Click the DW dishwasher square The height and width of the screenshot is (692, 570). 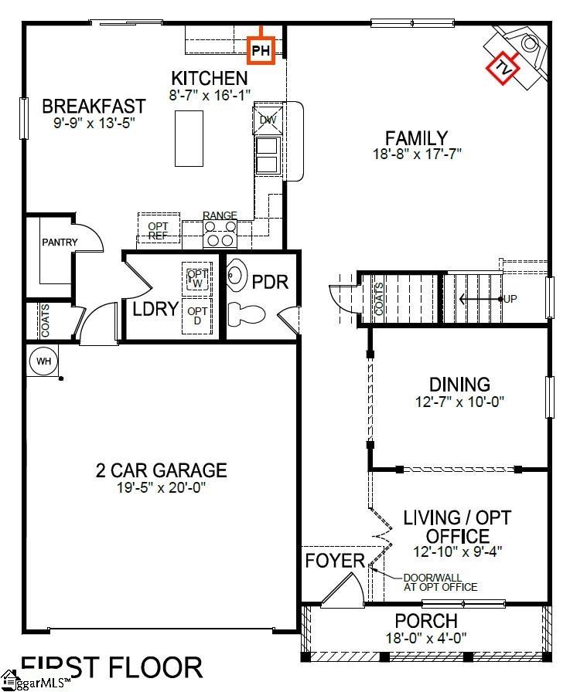coord(268,120)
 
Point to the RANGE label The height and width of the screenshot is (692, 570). coord(220,215)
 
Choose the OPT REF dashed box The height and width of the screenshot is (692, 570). coord(159,230)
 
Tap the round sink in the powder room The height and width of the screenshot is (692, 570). coord(237,276)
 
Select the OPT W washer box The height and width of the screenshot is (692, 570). coord(196,279)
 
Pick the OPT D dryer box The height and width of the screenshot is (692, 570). coord(196,316)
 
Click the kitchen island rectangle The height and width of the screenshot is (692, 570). coord(190,138)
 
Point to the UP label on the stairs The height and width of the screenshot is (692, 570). coord(510,298)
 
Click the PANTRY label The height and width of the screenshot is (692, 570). coord(60,243)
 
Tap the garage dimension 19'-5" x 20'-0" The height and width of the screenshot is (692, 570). coord(161,488)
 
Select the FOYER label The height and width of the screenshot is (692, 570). coord(334,560)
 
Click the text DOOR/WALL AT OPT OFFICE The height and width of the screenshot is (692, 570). coord(440,582)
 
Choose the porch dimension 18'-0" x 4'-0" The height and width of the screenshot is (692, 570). coord(426,638)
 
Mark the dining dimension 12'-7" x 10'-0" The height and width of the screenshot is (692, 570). coord(459,402)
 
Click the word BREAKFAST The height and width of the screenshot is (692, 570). coord(94,106)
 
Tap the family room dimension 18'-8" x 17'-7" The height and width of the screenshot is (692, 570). coord(416,154)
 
